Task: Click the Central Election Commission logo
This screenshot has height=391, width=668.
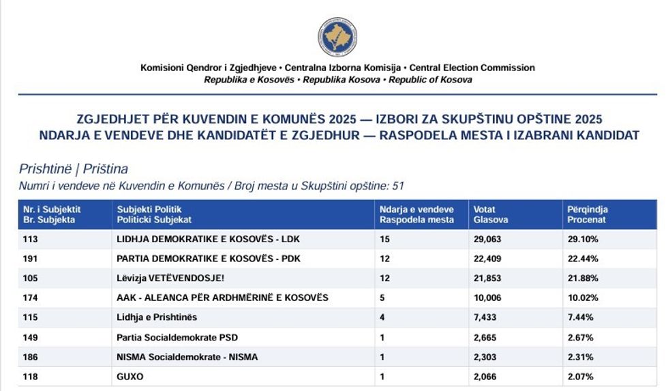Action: pos(337,38)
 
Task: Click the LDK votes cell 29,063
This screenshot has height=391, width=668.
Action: pos(489,240)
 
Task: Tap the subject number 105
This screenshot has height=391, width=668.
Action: pos(31,278)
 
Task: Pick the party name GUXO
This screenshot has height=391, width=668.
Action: pos(130,377)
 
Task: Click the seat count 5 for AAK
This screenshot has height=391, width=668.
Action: pos(382,298)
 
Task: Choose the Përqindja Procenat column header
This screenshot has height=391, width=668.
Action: pos(588,214)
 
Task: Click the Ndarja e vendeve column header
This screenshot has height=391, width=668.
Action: pos(416,214)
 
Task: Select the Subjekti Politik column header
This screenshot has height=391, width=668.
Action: pos(155,214)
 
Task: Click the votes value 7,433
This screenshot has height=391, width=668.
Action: pos(487,317)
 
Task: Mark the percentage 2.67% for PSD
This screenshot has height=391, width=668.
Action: pos(579,337)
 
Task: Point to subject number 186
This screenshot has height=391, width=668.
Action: pos(31,357)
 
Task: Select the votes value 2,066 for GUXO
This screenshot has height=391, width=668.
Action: pos(487,377)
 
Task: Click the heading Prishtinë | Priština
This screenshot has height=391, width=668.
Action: pos(74,169)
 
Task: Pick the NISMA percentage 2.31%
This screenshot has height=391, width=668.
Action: pos(579,357)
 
